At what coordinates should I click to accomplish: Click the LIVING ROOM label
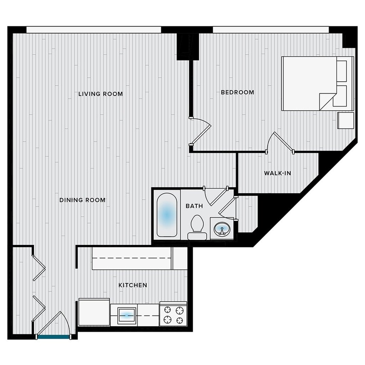coord(100,94)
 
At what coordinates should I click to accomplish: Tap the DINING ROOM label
coord(82,200)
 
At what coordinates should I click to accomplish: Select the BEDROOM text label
coord(237,92)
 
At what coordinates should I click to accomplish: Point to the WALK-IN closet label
coord(277,173)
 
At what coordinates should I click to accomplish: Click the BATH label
coord(194,206)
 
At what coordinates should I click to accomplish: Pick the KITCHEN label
coord(133,285)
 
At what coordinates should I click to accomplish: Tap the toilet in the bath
coord(197,227)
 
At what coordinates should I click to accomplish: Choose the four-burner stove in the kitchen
coord(173,314)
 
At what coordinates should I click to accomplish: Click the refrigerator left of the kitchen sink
coord(94,312)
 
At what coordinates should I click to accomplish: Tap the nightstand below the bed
coord(346,120)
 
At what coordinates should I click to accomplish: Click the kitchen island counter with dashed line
coord(132,258)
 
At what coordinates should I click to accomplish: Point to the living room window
coord(93,29)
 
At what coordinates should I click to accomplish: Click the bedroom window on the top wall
coord(271,29)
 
